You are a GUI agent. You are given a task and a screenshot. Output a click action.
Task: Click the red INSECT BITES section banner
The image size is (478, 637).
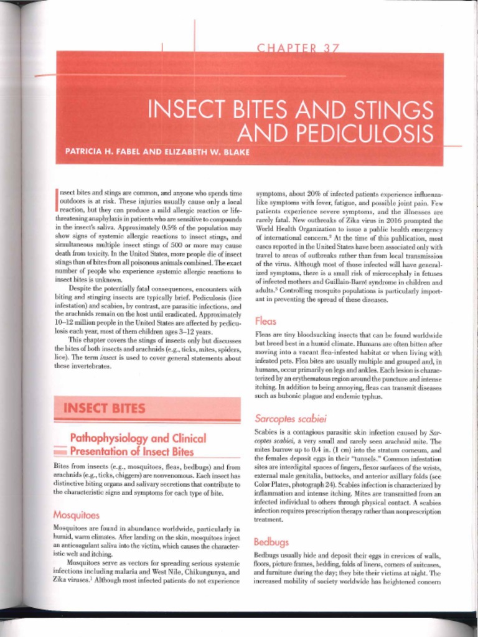tap(147, 408)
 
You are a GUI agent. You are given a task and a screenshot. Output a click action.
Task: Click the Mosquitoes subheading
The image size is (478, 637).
tap(77, 515)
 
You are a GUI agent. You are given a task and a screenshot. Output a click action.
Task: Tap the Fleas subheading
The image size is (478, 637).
tap(266, 321)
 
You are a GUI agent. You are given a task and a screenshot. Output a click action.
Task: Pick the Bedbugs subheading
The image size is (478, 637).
tap(271, 541)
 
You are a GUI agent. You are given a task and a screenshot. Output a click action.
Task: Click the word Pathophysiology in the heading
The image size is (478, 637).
tap(110, 439)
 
